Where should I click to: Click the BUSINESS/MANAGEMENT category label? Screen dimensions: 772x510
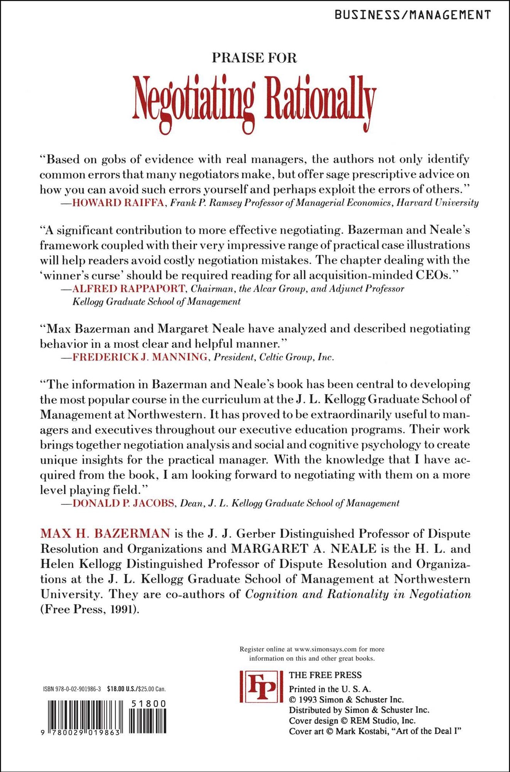412,15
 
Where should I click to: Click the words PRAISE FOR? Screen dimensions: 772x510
254,58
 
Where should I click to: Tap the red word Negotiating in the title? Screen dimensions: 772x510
194,101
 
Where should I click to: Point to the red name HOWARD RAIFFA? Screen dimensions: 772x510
118,203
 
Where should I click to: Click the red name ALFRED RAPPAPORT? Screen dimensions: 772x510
128,288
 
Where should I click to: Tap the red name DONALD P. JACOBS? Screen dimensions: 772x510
123,503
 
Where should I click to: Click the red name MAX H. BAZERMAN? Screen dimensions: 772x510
105,533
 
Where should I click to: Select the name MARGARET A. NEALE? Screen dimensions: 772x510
304,549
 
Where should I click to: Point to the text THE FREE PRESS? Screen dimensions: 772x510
325,675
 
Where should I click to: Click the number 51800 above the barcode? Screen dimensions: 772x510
149,704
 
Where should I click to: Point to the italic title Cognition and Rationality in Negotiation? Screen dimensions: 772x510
358,594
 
